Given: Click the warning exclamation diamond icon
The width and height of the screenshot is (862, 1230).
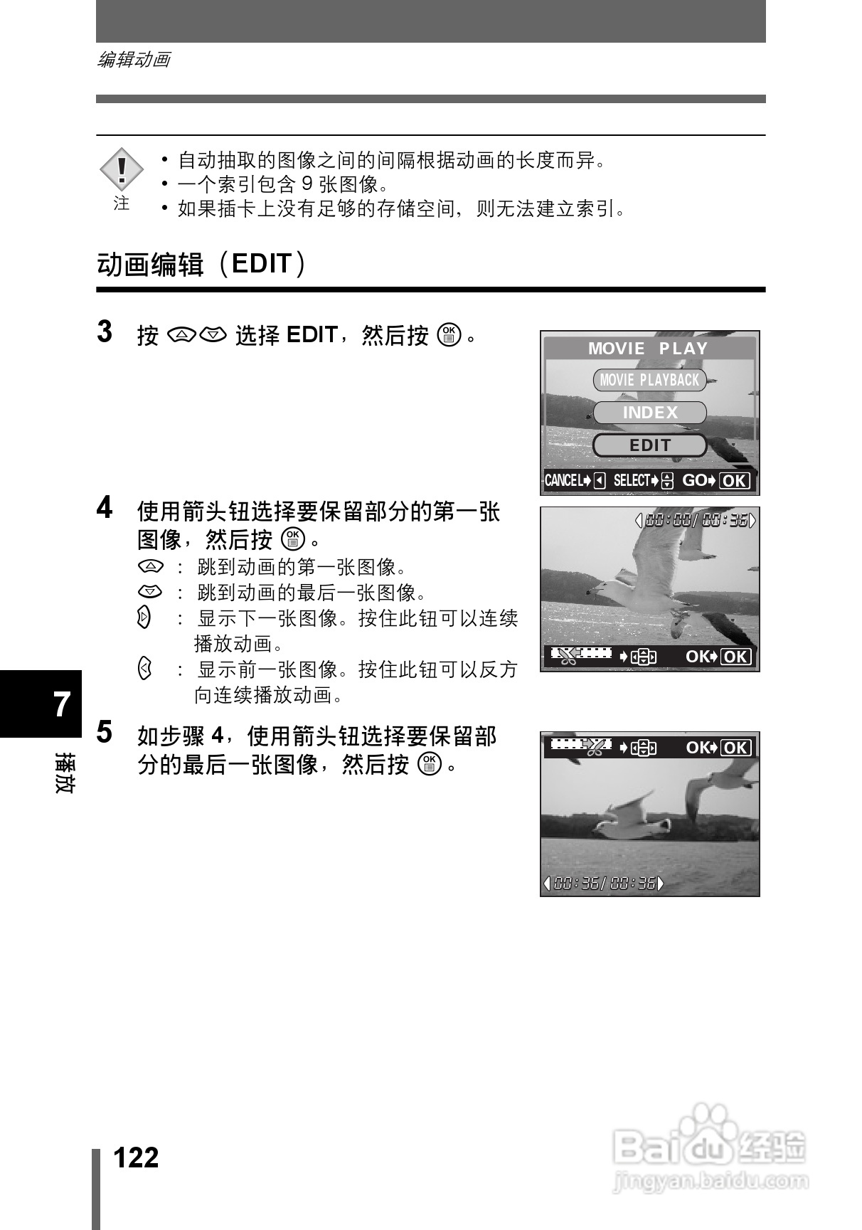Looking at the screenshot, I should (122, 169).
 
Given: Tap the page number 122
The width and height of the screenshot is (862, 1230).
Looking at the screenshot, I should (137, 1157).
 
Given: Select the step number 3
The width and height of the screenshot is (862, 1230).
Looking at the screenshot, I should (105, 332).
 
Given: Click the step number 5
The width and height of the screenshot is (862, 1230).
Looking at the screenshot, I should (105, 732).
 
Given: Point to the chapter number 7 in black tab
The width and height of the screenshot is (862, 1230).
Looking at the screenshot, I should (63, 704).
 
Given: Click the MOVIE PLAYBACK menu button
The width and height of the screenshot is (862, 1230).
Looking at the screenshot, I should (649, 380).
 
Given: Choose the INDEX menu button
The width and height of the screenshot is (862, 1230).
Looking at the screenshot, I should (649, 413).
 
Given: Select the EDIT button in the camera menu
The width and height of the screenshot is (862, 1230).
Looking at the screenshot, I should (649, 445).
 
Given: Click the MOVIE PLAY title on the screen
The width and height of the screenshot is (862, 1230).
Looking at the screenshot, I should (648, 349).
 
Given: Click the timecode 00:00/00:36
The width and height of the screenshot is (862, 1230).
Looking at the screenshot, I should (696, 521).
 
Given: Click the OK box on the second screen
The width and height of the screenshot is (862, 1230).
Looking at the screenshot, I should (735, 657).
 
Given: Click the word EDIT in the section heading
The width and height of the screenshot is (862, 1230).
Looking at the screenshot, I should (262, 264).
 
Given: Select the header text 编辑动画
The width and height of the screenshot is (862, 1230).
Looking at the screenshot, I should (134, 60).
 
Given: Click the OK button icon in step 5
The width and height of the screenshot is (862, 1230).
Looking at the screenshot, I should (430, 764).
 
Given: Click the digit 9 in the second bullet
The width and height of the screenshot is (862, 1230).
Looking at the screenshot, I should (307, 184).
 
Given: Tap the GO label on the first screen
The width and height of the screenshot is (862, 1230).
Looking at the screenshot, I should (694, 481).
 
